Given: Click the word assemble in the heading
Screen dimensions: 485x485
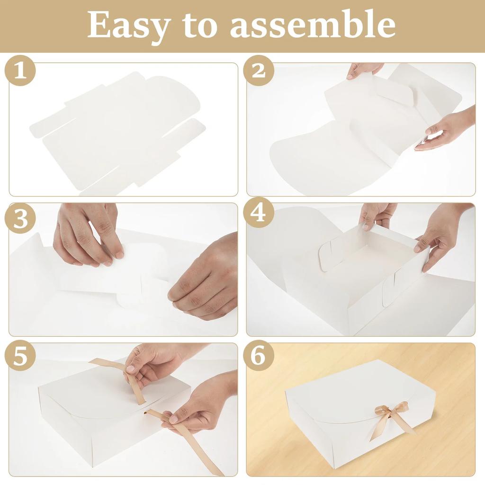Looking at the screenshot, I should tap(313, 25).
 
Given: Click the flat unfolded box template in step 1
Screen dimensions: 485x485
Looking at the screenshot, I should tap(118, 133).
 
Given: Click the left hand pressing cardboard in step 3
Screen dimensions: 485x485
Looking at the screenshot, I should tap(88, 237).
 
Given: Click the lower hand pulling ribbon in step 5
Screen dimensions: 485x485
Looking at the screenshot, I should tap(199, 403).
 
